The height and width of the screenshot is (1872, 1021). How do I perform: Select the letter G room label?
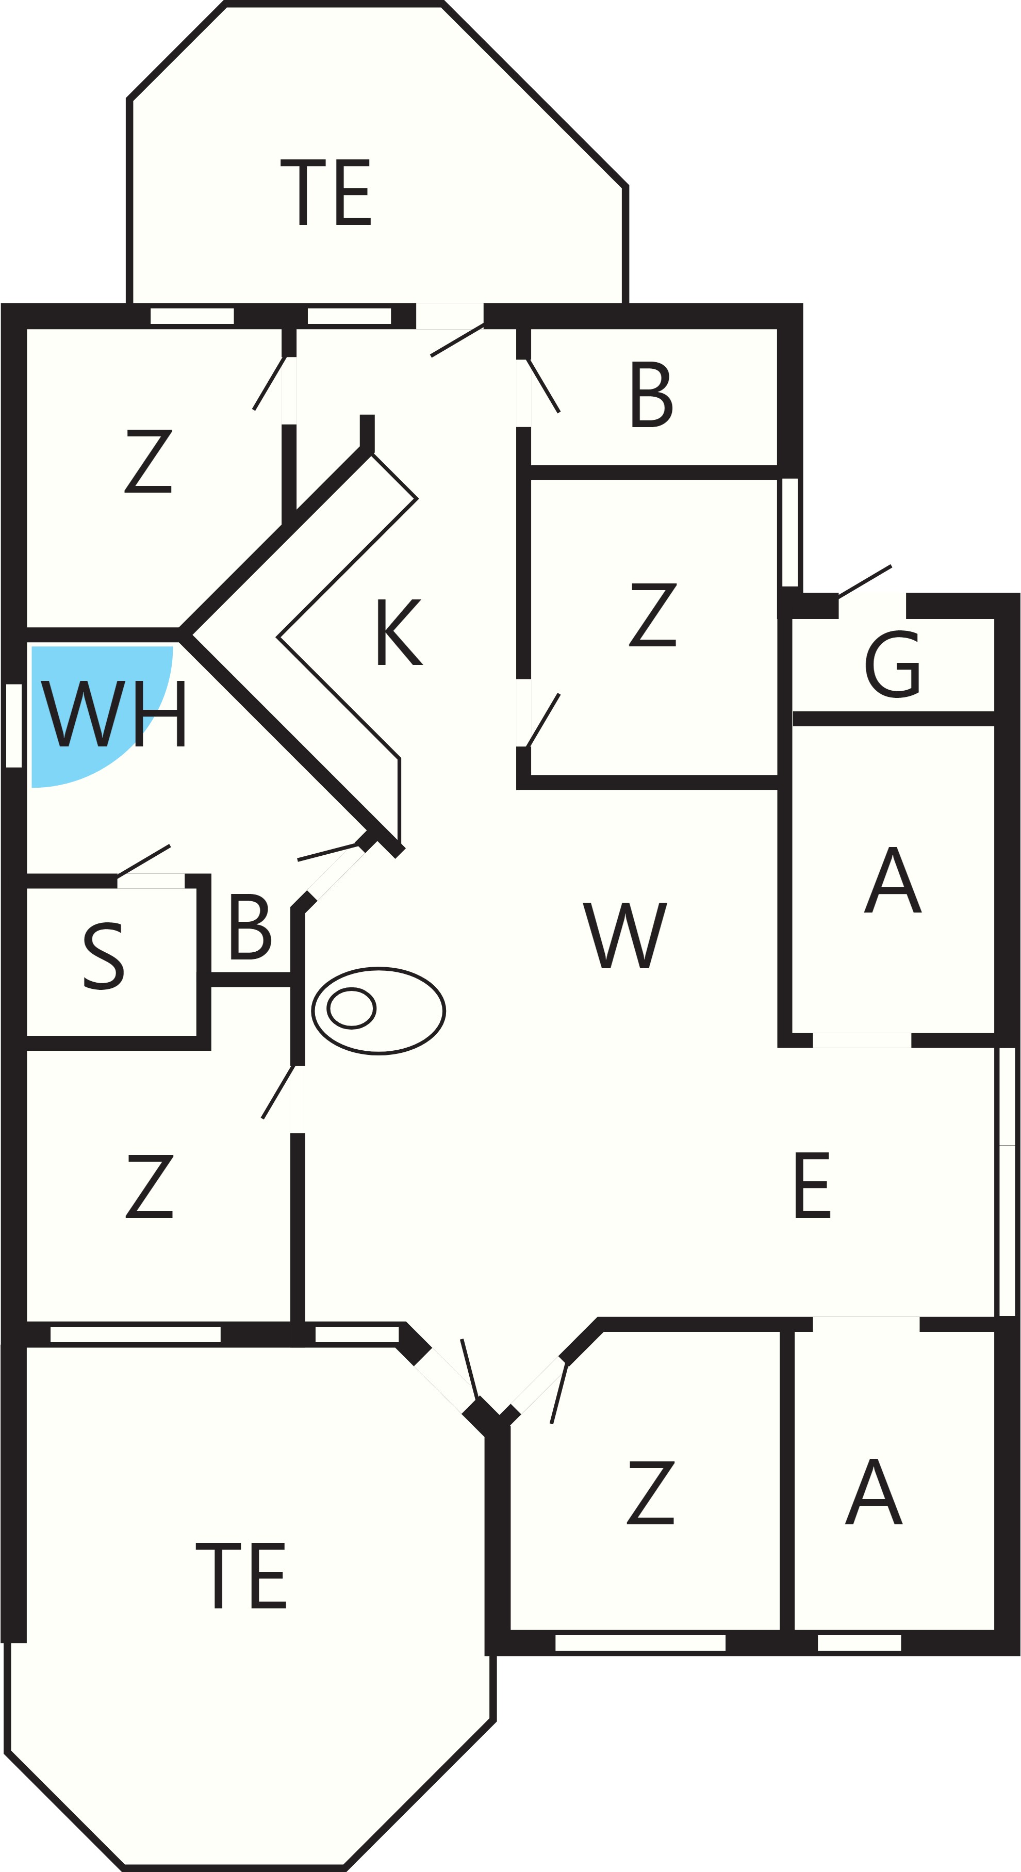pyautogui.click(x=893, y=663)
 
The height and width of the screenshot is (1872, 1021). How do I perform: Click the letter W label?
pyautogui.click(x=625, y=935)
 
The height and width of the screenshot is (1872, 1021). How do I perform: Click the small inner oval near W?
pyautogui.click(x=352, y=1008)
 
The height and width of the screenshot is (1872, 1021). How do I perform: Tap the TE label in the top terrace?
pyautogui.click(x=325, y=192)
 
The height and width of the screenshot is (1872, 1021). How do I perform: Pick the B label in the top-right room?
pyautogui.click(x=652, y=394)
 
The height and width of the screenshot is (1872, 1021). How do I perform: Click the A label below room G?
pyautogui.click(x=893, y=880)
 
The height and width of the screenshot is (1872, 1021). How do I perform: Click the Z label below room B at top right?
pyautogui.click(x=653, y=614)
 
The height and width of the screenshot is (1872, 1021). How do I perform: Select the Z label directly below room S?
pyautogui.click(x=150, y=1185)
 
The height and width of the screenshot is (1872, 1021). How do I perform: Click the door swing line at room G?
pyautogui.click(x=865, y=581)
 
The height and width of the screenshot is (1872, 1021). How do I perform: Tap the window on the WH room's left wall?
pyautogui.click(x=14, y=725)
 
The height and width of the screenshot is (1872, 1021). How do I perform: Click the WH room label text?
pyautogui.click(x=114, y=713)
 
